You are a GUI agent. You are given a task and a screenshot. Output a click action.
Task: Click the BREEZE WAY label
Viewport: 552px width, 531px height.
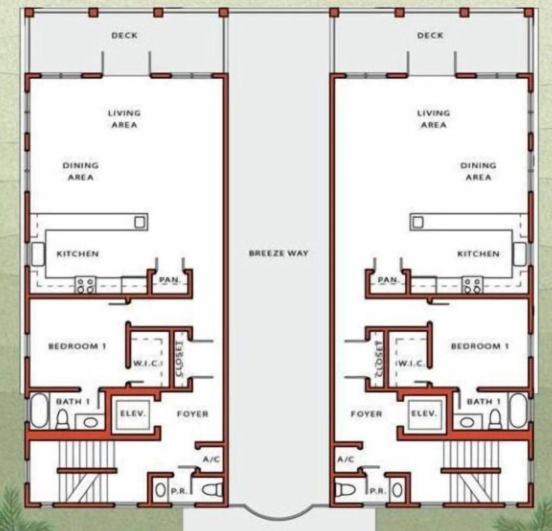coord(279,253)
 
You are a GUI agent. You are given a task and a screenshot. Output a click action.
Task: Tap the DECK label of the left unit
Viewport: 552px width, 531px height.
coord(125,35)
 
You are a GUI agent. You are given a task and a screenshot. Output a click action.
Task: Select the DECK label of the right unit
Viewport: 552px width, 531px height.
coord(430,35)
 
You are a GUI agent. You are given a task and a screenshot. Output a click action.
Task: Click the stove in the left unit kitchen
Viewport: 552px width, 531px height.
coord(86,285)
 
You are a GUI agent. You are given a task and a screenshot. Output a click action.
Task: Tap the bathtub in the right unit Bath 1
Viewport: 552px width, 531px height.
coord(519,411)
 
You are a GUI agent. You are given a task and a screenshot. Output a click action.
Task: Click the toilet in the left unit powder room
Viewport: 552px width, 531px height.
coord(213,490)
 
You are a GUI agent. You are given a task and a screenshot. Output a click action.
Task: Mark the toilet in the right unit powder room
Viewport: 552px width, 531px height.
coord(345,490)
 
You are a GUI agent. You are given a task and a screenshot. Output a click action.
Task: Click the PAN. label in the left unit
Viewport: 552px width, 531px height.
coord(169,280)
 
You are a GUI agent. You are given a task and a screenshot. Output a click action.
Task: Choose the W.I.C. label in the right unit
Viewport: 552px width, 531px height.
coord(412,364)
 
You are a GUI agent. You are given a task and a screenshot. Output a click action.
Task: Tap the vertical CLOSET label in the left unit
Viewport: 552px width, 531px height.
coord(180,359)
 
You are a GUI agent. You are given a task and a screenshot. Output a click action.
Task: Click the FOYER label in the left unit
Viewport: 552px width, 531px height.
coord(193,414)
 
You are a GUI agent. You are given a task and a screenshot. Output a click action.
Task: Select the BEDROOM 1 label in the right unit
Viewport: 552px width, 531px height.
coord(480,346)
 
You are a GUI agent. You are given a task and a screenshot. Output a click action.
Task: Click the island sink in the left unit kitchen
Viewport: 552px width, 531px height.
coord(140,222)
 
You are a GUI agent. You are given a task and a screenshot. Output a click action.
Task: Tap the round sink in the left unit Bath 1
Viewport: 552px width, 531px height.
coord(91,423)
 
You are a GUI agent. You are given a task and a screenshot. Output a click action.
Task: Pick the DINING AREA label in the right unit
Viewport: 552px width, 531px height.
coord(478,171)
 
